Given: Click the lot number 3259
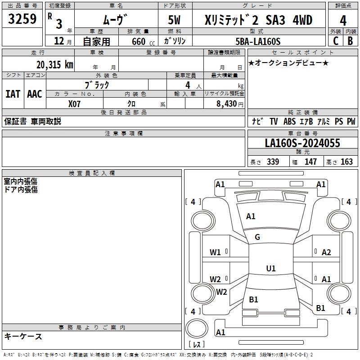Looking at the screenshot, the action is click(22, 19).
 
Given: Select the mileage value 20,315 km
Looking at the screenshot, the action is click(55, 65).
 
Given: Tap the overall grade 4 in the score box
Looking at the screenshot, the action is click(343, 21).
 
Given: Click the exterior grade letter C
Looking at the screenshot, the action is click(336, 41).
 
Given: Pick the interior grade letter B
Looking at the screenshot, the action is click(351, 41).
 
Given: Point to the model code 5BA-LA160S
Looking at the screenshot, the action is click(258, 41).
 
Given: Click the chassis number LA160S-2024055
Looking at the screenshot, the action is click(302, 143).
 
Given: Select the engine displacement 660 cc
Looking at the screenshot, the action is click(143, 41).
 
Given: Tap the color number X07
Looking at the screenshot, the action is click(74, 104).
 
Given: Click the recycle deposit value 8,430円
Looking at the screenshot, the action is click(230, 104).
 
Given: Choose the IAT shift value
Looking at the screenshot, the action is click(13, 94).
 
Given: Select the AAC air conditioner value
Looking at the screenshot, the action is click(35, 94).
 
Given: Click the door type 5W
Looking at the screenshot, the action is click(174, 20).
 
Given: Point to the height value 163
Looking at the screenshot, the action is click(346, 162).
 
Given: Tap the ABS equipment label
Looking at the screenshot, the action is click(289, 121).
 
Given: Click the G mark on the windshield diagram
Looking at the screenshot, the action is click(257, 237).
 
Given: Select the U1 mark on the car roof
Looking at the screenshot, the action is click(271, 268).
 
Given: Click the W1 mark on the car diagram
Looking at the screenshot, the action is click(215, 252).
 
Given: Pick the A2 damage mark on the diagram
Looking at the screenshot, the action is click(326, 252).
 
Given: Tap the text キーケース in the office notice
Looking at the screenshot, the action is click(23, 337).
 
